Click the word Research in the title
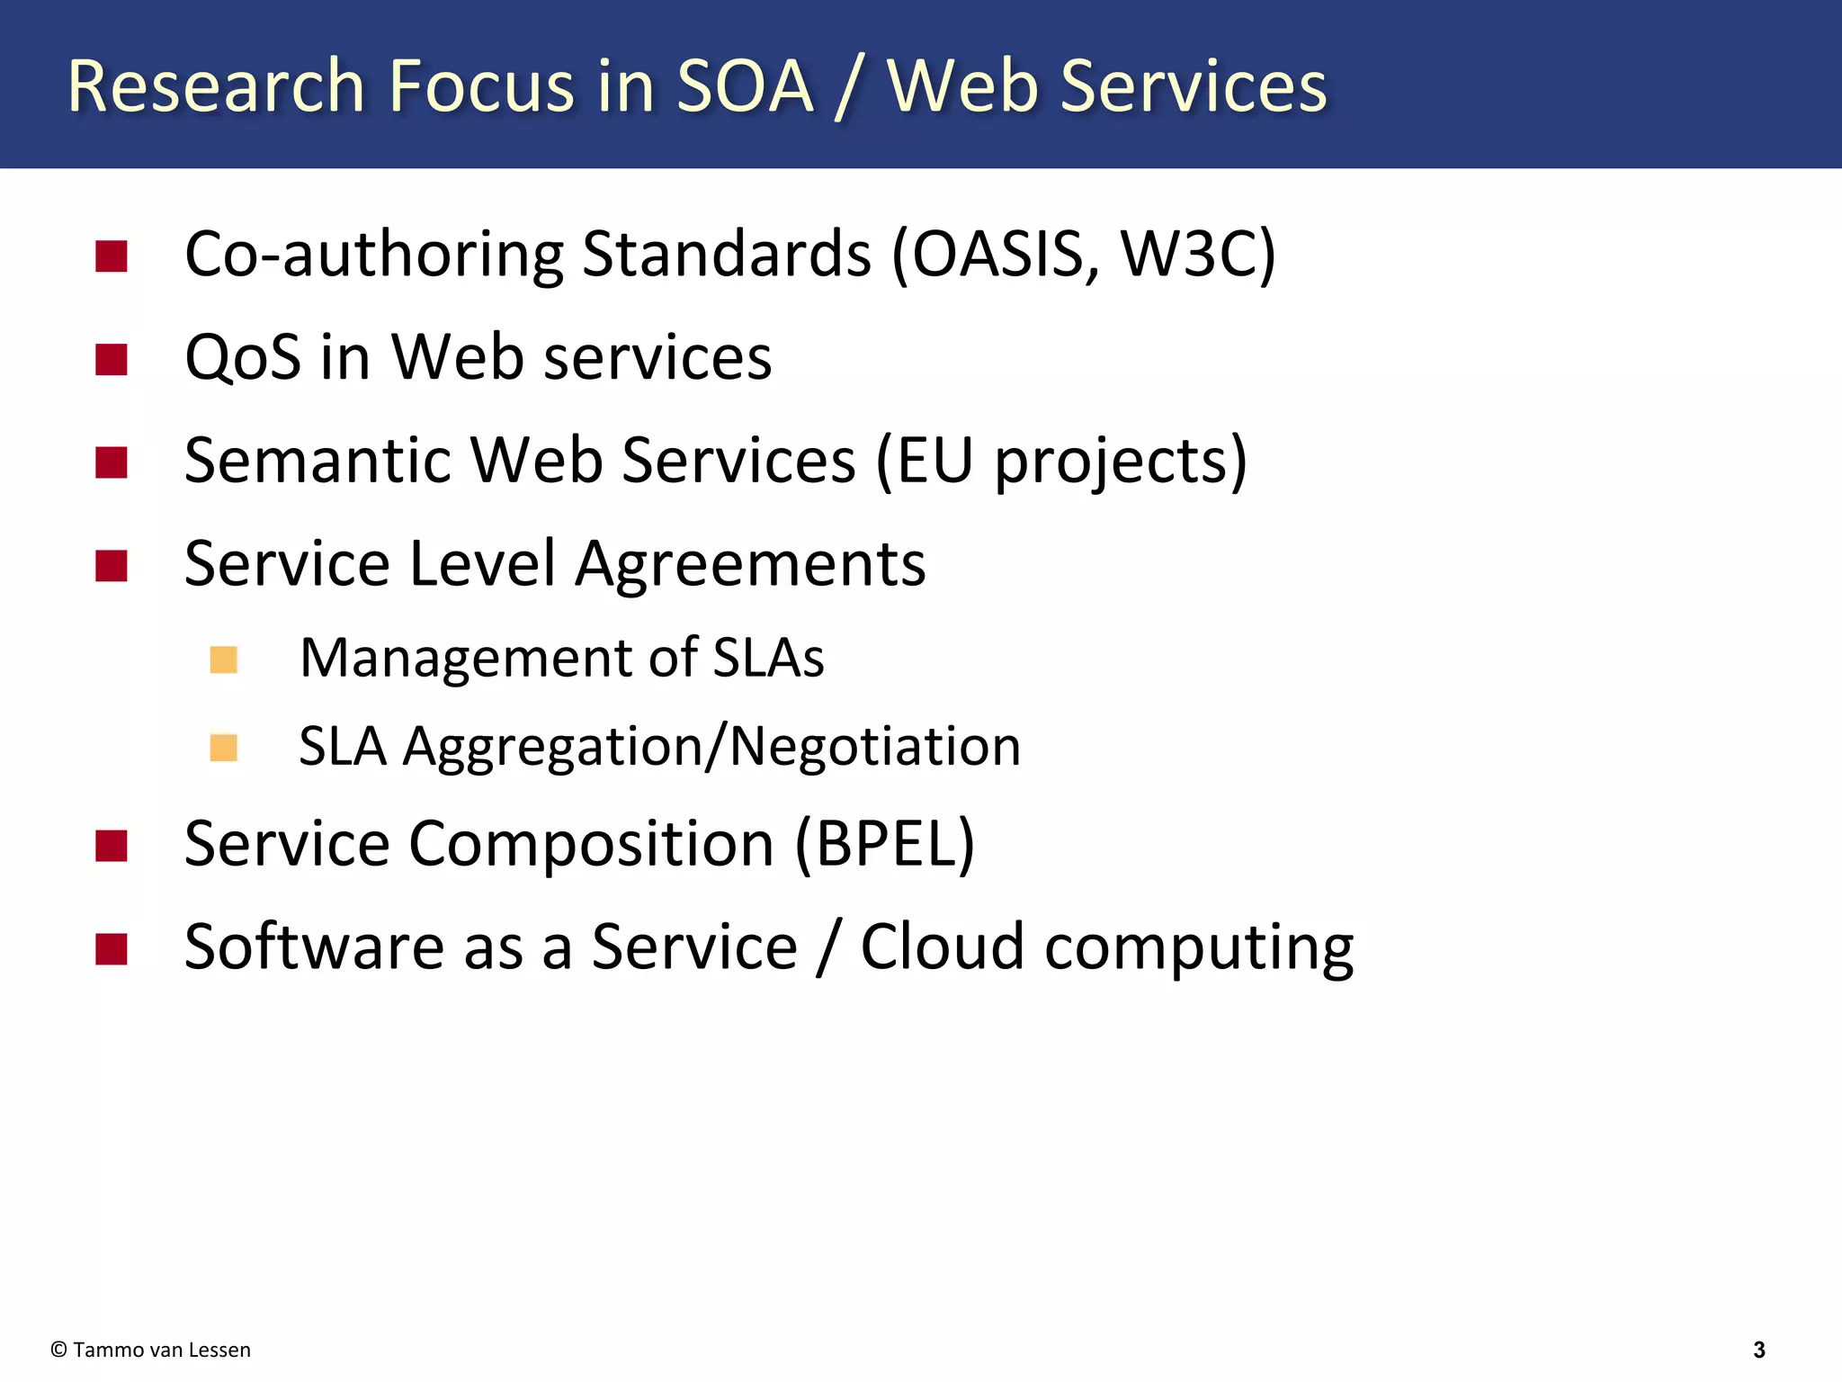click(215, 86)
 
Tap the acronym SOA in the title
click(745, 86)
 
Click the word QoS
click(242, 357)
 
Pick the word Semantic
click(317, 461)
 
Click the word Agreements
click(750, 565)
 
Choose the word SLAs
click(768, 658)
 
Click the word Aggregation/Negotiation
click(711, 747)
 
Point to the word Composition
click(591, 844)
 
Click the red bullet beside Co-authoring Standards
click(112, 256)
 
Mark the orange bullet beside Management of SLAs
click(223, 660)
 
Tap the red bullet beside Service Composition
click(112, 846)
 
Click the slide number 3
click(1759, 1350)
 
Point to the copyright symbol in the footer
click(59, 1350)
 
